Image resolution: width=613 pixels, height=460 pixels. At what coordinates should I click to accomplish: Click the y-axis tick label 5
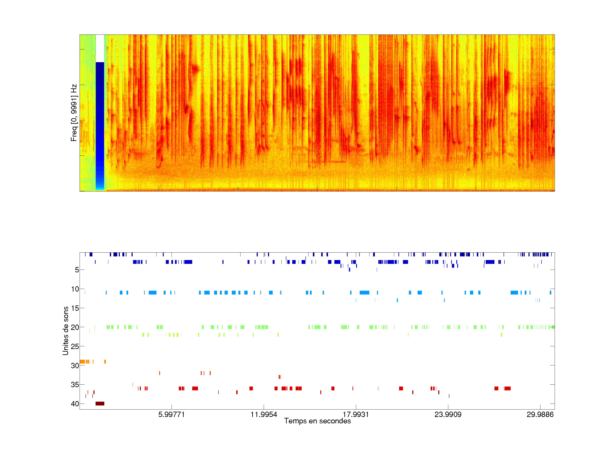point(77,270)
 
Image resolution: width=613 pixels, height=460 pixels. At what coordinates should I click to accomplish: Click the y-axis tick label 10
point(75,289)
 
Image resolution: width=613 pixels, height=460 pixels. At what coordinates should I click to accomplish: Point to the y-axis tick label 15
point(75,308)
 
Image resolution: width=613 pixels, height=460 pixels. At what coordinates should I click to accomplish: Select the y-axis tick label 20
point(75,327)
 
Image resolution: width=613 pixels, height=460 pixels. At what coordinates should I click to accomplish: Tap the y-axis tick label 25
point(75,346)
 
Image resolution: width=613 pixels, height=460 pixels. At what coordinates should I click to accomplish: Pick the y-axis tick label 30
point(75,365)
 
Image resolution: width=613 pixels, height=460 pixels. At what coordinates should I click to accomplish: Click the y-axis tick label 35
point(75,385)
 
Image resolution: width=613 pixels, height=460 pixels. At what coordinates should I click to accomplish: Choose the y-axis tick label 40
point(75,404)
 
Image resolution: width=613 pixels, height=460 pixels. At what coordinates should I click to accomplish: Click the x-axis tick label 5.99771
point(171,414)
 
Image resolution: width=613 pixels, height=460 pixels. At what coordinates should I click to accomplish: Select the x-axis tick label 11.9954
point(264,414)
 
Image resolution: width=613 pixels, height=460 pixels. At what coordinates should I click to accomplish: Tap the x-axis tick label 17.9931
point(356,414)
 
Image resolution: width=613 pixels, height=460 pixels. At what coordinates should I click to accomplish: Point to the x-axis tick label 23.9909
point(448,414)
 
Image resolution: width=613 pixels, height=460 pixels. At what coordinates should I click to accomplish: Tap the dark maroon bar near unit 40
point(100,403)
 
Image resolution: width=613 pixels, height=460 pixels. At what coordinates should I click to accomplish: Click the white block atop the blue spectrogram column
point(100,48)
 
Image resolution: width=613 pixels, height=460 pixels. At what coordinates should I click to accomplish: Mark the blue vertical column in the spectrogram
point(100,125)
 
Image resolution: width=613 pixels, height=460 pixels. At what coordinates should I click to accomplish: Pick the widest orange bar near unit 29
point(82,362)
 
